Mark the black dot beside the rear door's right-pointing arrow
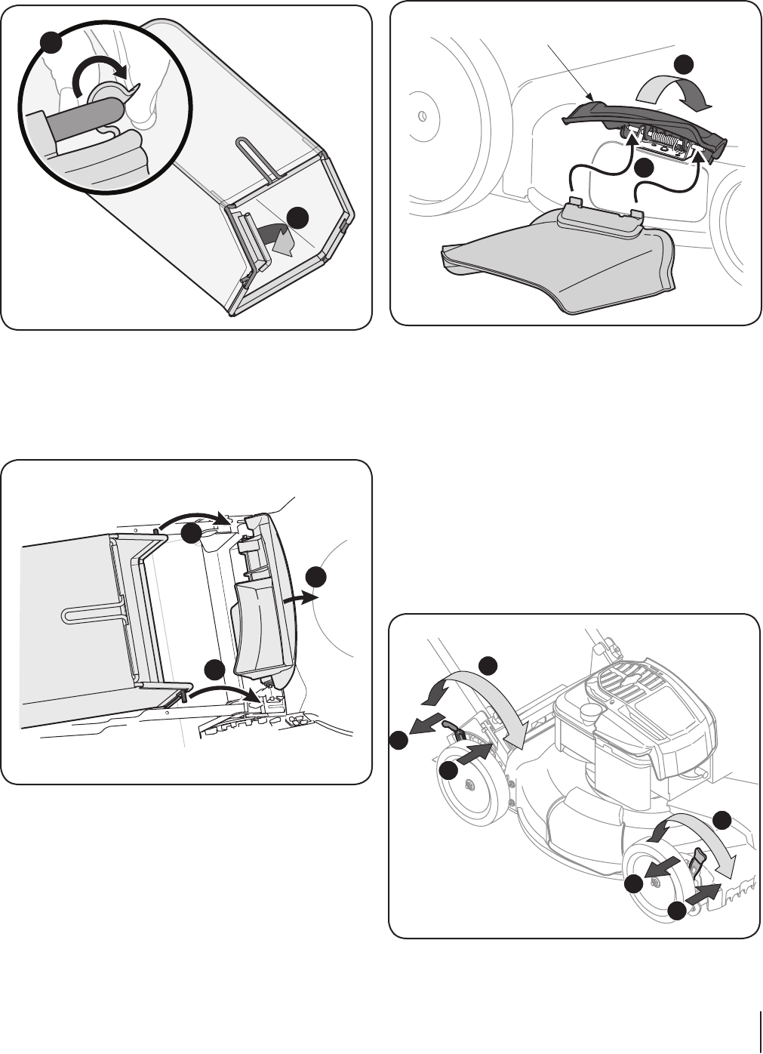pos(317,577)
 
